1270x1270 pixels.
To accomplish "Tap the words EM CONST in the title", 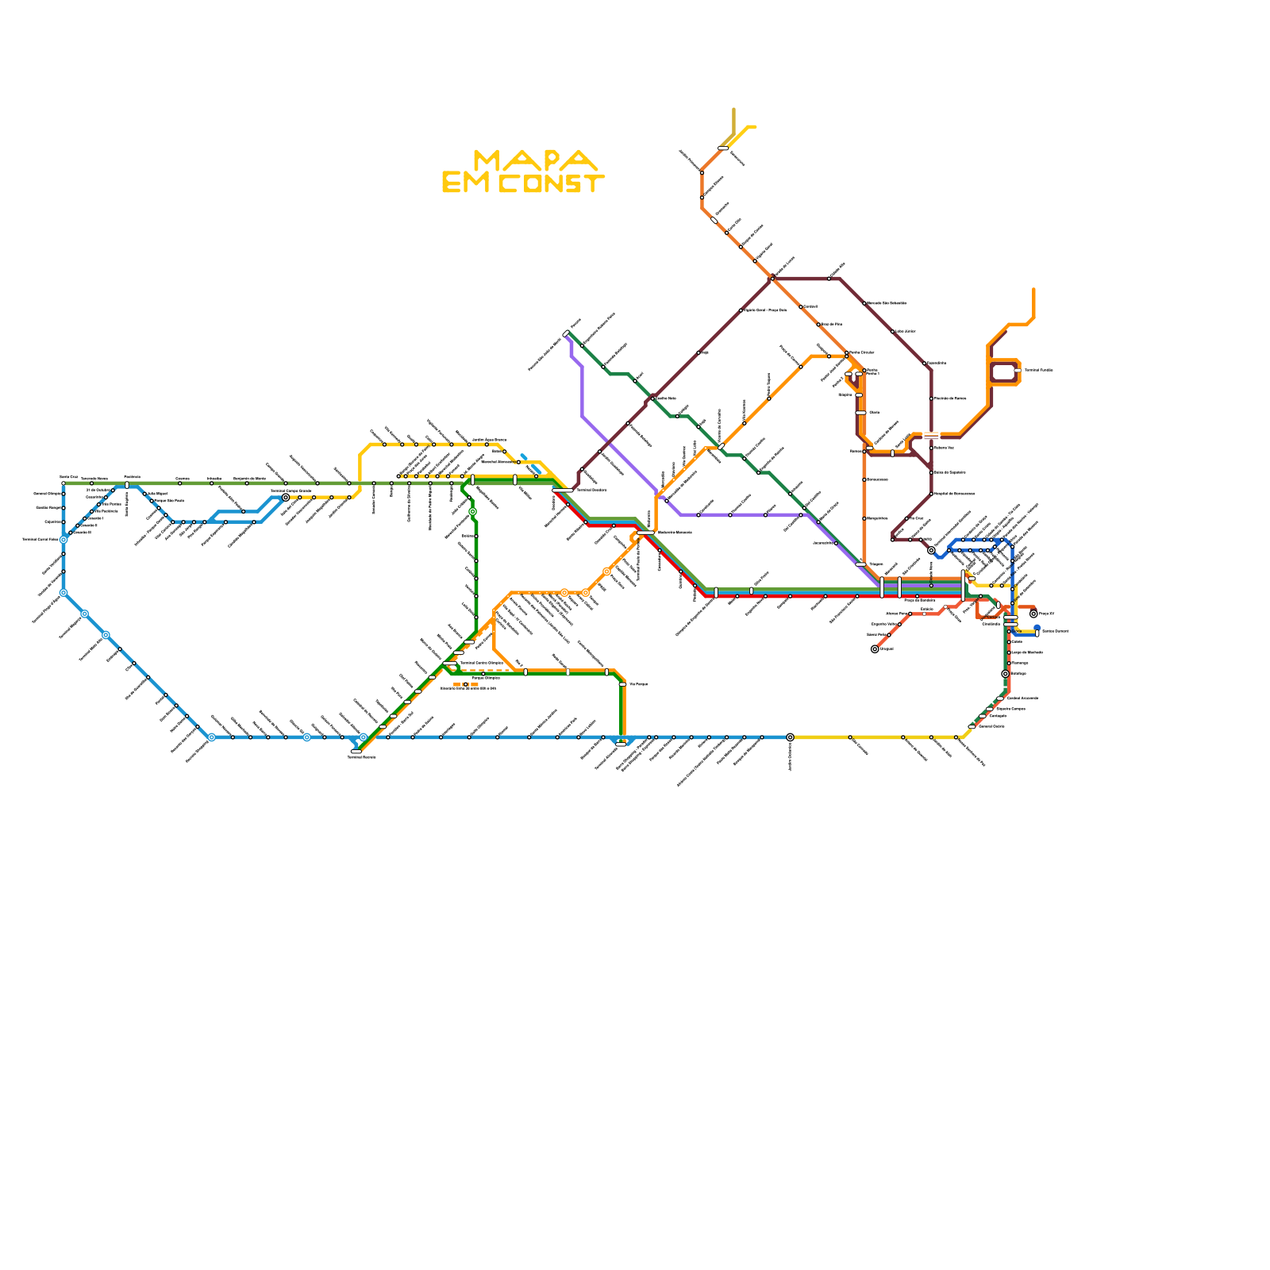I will click(x=523, y=184).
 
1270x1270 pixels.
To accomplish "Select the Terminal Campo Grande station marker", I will click(x=286, y=498).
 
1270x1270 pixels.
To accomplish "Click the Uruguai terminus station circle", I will click(x=875, y=649).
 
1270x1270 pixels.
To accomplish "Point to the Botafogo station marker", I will click(x=1005, y=674).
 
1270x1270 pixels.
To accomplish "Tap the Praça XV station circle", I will click(x=1033, y=614).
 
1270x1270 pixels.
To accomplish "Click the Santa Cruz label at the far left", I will click(x=69, y=477).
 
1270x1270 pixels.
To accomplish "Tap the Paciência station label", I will click(x=132, y=477).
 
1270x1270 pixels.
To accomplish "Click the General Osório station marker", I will click(x=972, y=726).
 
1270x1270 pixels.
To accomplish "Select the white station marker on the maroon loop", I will click(x=1017, y=371).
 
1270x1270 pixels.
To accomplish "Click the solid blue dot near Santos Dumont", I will click(x=1037, y=628).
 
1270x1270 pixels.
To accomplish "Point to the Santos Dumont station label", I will click(x=1055, y=632).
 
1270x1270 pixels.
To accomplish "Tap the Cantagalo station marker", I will click(x=983, y=716).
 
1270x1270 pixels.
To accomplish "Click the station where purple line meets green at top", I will click(x=566, y=334).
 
